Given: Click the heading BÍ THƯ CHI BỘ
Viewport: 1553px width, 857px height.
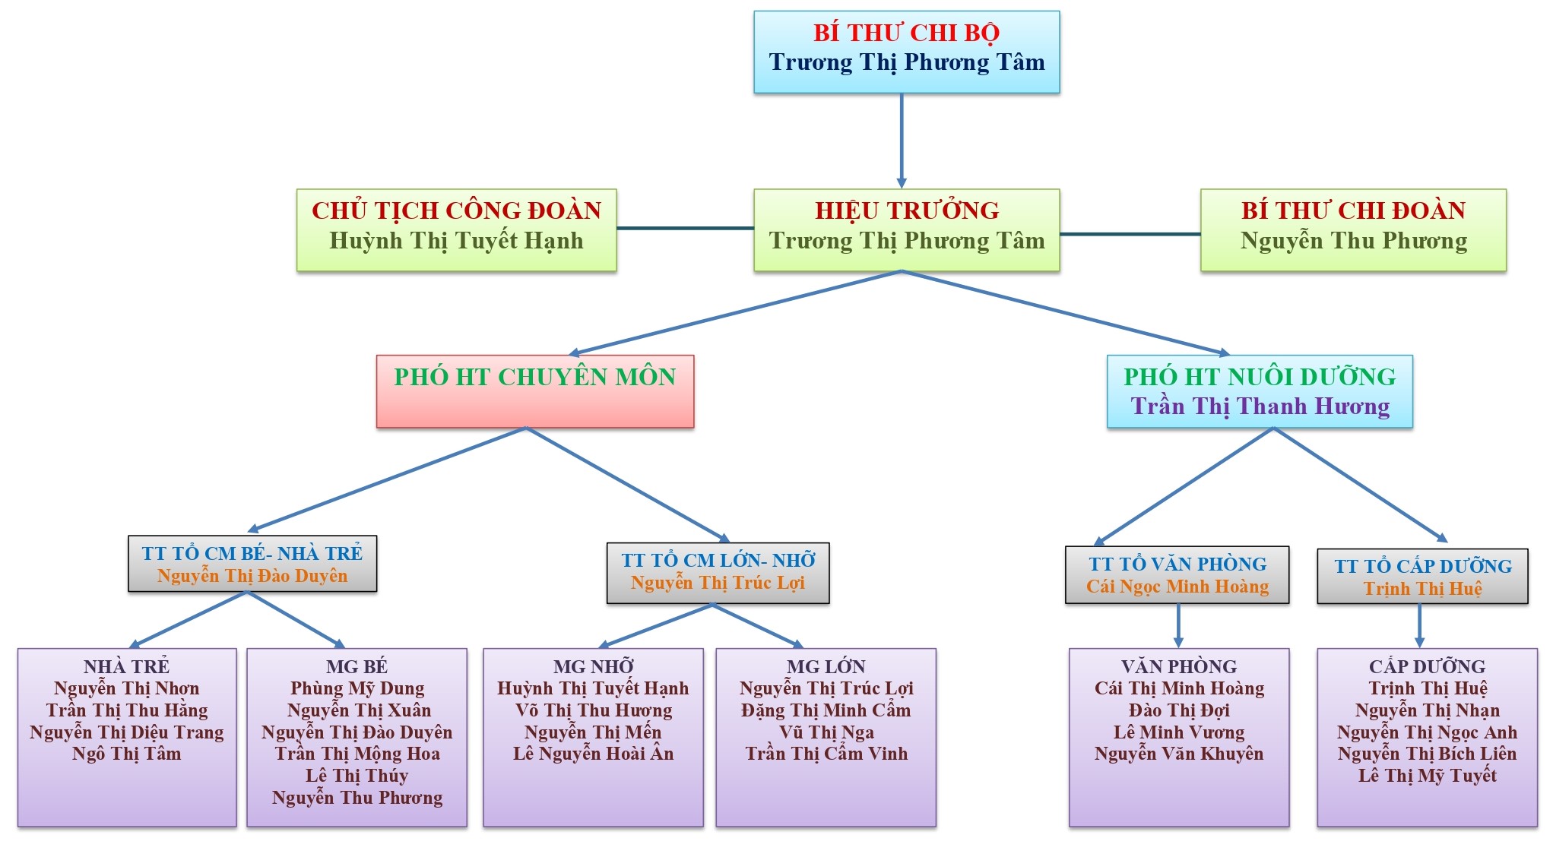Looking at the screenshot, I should tap(906, 33).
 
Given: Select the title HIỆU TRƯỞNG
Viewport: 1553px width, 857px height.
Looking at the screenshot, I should tap(907, 210).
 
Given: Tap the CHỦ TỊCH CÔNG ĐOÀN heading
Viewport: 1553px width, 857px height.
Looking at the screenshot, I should tap(456, 210).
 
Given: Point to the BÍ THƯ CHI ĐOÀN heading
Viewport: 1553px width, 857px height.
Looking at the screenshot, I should tap(1353, 210).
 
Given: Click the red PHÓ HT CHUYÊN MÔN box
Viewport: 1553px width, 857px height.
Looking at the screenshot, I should tap(534, 391).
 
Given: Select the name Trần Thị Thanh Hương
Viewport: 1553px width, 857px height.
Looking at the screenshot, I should tap(1260, 406).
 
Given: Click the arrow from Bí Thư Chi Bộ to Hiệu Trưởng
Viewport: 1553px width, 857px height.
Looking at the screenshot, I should tap(902, 141).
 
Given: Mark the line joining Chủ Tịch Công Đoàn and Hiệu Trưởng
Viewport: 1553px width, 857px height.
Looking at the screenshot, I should tap(684, 228).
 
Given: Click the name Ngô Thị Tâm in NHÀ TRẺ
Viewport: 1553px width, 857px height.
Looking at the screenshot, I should tap(127, 754).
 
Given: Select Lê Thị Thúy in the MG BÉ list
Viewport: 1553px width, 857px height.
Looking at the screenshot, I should tap(357, 776).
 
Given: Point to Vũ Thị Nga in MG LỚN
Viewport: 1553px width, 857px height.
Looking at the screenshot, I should tap(826, 732).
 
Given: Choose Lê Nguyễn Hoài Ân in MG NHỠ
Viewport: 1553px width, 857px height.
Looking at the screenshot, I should tap(593, 754).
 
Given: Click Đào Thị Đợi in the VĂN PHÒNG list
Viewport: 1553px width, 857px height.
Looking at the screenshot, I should tap(1179, 710).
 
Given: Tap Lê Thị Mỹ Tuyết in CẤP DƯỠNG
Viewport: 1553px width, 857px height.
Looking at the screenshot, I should tap(1427, 776).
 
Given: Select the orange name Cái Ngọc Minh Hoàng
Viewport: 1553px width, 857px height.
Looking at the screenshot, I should tap(1177, 587).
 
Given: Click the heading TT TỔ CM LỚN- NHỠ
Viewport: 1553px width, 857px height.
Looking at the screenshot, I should tap(718, 561).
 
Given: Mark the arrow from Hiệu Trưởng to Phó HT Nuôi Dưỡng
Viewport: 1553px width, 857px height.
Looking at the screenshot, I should tap(1064, 313).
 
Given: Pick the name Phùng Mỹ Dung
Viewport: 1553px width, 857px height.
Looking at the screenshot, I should tap(357, 688).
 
